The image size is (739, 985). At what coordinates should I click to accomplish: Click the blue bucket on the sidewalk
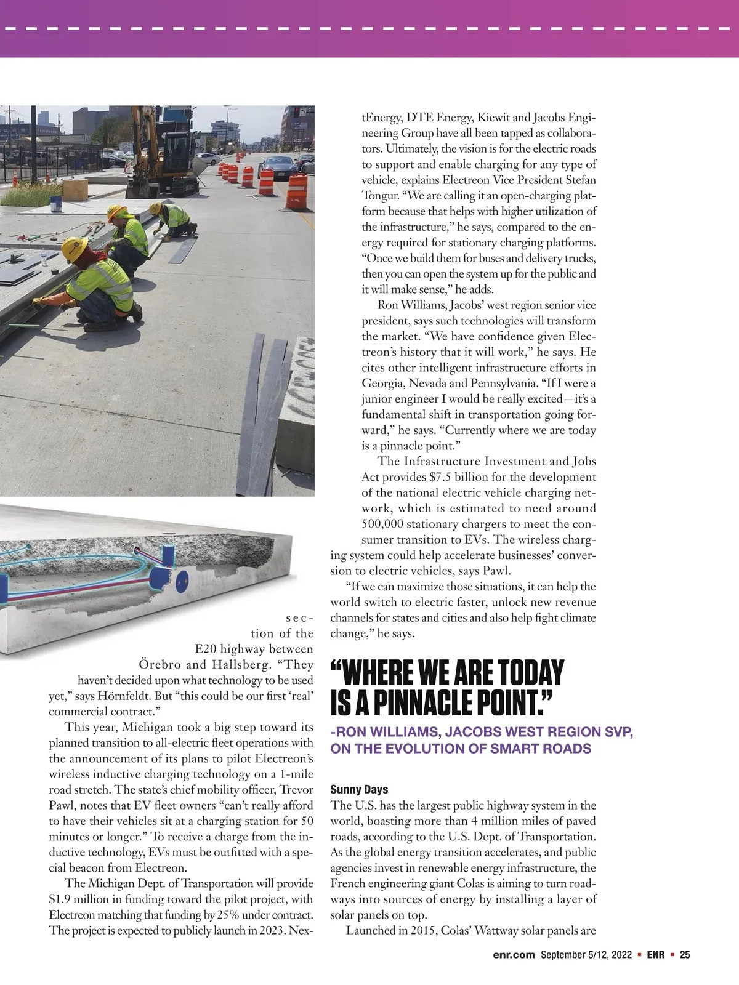[x=56, y=204]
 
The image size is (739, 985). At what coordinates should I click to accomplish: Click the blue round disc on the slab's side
[x=182, y=579]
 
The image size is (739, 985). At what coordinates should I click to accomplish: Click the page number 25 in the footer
[x=685, y=955]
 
